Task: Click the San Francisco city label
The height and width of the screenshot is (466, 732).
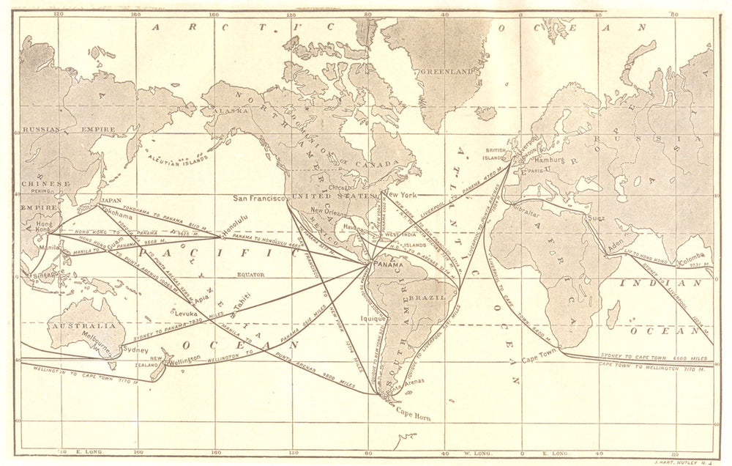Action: coord(261,198)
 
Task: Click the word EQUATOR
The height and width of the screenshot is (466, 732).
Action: coord(252,277)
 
